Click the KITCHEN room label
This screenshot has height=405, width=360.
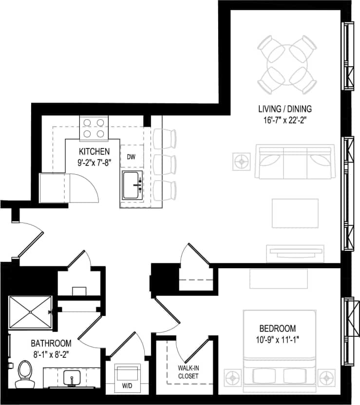tap(94, 151)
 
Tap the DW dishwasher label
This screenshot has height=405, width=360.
tap(131, 157)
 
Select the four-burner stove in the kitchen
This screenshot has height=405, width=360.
tap(94, 128)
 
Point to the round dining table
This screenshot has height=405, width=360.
tap(286, 64)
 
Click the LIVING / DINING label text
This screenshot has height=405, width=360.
tap(285, 109)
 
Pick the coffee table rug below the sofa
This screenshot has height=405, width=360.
tap(295, 213)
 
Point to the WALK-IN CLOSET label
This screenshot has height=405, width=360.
tap(188, 372)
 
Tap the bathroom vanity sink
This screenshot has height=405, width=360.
tap(71, 377)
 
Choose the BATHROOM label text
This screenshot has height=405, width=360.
tap(51, 343)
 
